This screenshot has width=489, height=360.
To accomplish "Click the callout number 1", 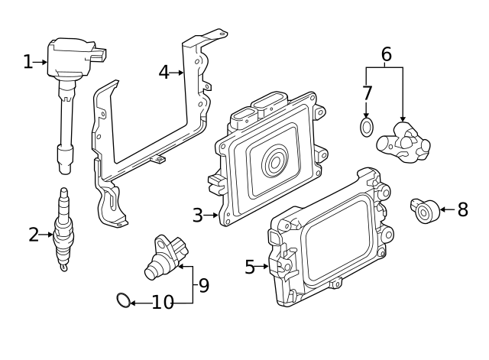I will pyautogui.click(x=28, y=62).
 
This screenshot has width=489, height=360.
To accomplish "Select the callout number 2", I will pyautogui.click(x=34, y=235).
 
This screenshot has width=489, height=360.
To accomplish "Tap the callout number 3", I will pyautogui.click(x=197, y=216).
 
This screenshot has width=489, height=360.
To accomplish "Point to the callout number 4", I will pyautogui.click(x=164, y=73).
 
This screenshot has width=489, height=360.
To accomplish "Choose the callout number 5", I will pyautogui.click(x=250, y=267).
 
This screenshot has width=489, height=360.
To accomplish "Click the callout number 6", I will pyautogui.click(x=386, y=54).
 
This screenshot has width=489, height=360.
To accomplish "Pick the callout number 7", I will pyautogui.click(x=367, y=93).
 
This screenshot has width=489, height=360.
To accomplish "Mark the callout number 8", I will pyautogui.click(x=462, y=210).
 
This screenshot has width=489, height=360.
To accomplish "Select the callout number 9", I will pyautogui.click(x=203, y=286).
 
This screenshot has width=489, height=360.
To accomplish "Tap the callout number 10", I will pyautogui.click(x=163, y=303).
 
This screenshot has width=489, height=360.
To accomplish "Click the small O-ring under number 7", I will pyautogui.click(x=368, y=126).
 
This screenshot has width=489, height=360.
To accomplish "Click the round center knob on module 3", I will pyautogui.click(x=274, y=163).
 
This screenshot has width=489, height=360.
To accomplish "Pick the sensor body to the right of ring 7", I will pyautogui.click(x=404, y=143).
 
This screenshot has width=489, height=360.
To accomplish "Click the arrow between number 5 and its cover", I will pyautogui.click(x=264, y=267).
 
